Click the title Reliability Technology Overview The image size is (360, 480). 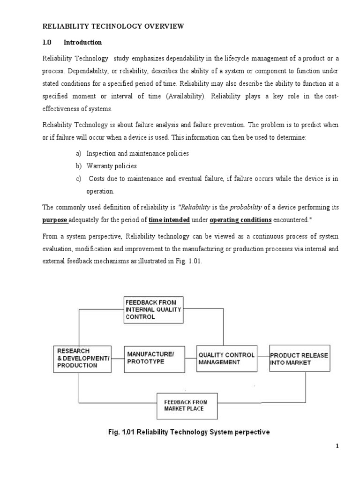(x=113, y=27)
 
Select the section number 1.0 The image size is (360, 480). (x=46, y=42)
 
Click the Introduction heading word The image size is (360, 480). (x=82, y=42)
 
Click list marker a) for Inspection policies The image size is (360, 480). (x=78, y=153)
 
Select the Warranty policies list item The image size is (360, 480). (x=112, y=166)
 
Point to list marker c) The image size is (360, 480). (x=78, y=179)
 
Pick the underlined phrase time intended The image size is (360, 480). (x=169, y=219)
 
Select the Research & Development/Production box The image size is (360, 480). (x=82, y=359)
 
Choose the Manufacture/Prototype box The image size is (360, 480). (x=154, y=359)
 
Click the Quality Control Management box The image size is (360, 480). (x=227, y=359)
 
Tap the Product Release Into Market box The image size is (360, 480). (x=299, y=359)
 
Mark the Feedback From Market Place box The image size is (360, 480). (x=185, y=405)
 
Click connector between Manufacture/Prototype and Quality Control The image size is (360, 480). (x=190, y=359)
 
